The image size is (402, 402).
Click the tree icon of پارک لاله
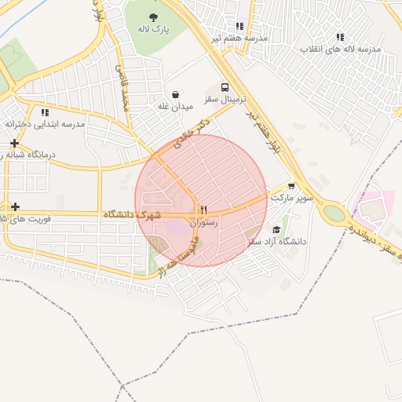(x=152, y=16)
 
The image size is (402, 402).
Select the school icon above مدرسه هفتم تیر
(x=239, y=26)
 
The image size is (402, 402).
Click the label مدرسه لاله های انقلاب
(x=340, y=49)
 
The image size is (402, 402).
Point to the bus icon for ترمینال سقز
(x=225, y=88)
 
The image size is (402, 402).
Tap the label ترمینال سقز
(x=226, y=100)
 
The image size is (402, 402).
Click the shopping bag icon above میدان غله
(x=174, y=93)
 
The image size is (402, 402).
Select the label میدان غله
(x=174, y=106)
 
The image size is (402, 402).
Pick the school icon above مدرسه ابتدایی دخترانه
(x=45, y=112)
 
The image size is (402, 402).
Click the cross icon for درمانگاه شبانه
(x=15, y=143)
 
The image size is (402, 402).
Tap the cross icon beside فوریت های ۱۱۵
(x=15, y=206)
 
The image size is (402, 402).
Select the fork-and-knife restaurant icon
(x=203, y=210)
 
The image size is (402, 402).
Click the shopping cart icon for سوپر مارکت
(x=292, y=186)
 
